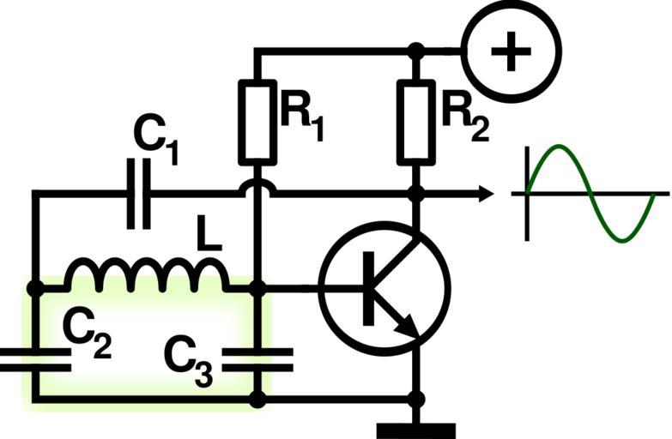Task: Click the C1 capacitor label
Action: [x=155, y=139]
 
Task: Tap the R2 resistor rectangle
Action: [x=416, y=119]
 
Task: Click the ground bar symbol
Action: [x=416, y=428]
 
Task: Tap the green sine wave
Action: [x=592, y=193]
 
